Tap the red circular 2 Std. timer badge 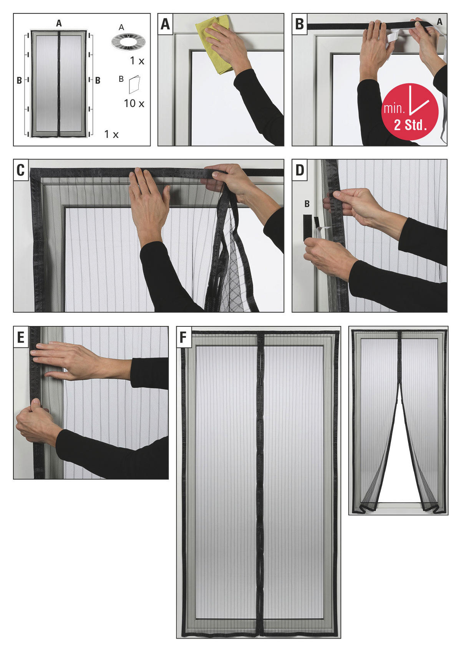410,112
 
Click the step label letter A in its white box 165,24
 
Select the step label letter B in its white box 299,24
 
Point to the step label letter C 21,170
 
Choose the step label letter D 299,170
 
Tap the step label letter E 21,338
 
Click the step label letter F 183,338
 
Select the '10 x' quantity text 134,103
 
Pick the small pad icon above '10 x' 134,84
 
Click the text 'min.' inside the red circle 394,109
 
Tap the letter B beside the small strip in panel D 307,204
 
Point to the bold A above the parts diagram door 59,23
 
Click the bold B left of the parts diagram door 19,80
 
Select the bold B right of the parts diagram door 98,80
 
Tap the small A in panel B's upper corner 439,22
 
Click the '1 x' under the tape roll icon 137,61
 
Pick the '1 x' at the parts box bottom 111,134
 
